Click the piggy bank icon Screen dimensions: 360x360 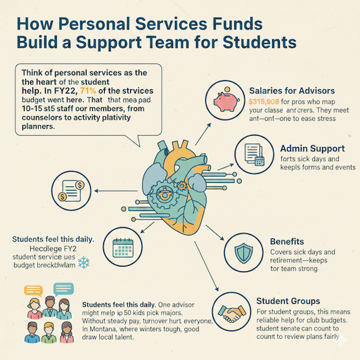(x=225, y=103)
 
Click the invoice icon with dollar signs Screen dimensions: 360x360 (x=72, y=191)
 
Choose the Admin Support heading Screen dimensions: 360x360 (x=311, y=149)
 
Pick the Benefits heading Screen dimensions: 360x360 (x=287, y=241)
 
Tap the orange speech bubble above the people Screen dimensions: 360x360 (x=34, y=290)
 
